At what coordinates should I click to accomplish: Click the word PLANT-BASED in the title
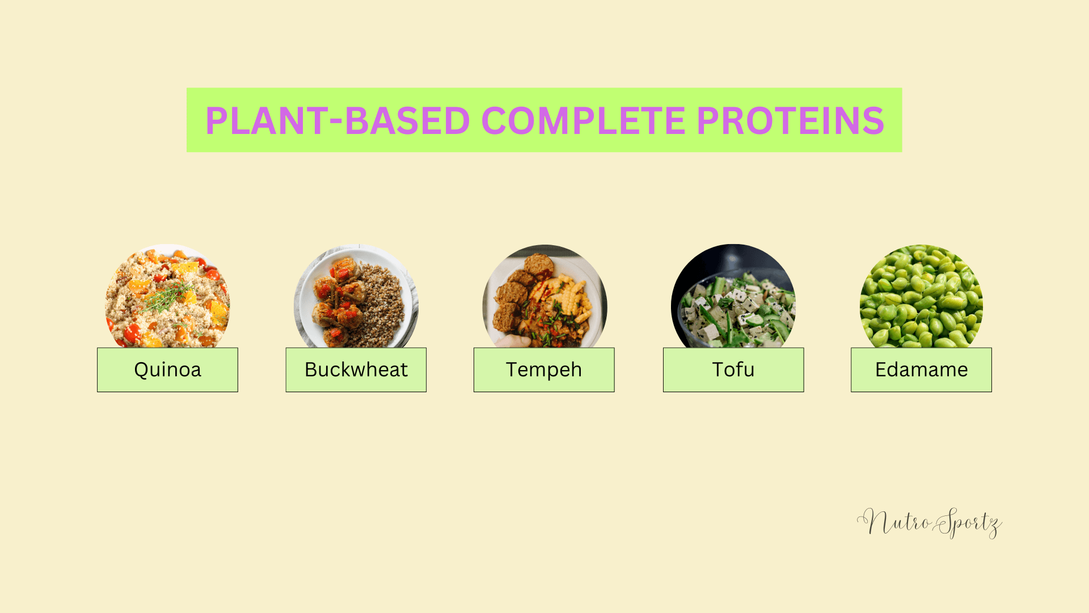[x=337, y=120]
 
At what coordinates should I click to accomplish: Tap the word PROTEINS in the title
[x=790, y=120]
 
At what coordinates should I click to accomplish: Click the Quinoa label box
[x=167, y=370]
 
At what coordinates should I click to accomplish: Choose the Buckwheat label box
[x=356, y=370]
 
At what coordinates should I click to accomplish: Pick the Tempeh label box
[x=544, y=370]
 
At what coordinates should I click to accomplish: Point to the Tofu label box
[x=733, y=370]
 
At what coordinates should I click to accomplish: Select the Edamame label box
[x=921, y=370]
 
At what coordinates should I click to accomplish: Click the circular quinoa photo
[x=167, y=296]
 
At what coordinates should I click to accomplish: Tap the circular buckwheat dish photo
[x=356, y=296]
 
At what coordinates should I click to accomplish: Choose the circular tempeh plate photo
[x=544, y=296]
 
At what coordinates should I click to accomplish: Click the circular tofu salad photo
[x=733, y=296]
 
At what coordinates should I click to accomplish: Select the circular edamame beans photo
[x=921, y=296]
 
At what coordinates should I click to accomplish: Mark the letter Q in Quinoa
[x=141, y=370]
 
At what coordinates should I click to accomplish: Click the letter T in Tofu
[x=719, y=370]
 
